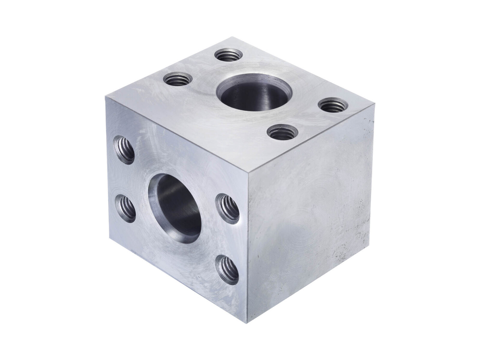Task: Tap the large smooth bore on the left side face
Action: click(175, 205)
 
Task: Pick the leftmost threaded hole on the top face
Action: click(177, 79)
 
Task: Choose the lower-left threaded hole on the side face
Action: click(125, 208)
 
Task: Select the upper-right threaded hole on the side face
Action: click(227, 208)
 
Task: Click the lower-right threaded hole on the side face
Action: click(227, 268)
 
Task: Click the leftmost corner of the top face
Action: click(106, 96)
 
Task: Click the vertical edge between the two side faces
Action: click(248, 249)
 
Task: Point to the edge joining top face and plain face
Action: click(312, 138)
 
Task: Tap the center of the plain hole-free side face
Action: click(309, 210)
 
